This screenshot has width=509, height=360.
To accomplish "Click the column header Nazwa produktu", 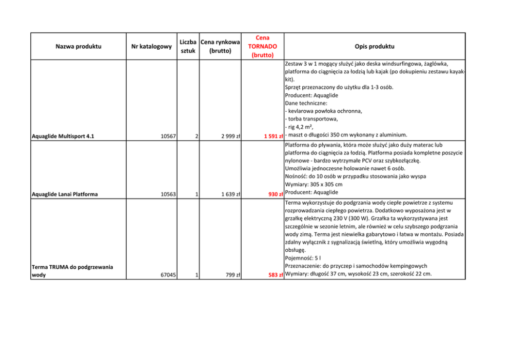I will pyautogui.click(x=78, y=47).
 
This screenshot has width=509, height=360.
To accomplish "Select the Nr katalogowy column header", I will pyautogui.click(x=151, y=47).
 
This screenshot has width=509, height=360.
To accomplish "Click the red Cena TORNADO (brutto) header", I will pyautogui.click(x=262, y=46).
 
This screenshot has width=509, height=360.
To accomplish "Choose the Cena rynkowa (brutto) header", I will pyautogui.click(x=221, y=46).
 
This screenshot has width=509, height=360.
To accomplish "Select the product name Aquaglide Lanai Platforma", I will pyautogui.click(x=65, y=194).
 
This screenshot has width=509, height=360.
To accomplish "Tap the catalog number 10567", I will pyautogui.click(x=168, y=136).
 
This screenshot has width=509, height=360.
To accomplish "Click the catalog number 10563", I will pyautogui.click(x=168, y=194).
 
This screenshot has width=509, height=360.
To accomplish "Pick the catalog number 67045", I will pyautogui.click(x=168, y=275).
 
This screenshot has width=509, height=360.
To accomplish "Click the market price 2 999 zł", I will pyautogui.click(x=231, y=136).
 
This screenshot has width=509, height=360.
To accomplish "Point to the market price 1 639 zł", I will pyautogui.click(x=231, y=194).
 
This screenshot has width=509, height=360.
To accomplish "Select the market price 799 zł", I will pyautogui.click(x=233, y=275).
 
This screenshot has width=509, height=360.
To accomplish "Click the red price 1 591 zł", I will pyautogui.click(x=270, y=136).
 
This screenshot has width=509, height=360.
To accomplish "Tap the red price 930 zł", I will pyautogui.click(x=273, y=194).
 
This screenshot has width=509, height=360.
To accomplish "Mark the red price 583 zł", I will pyautogui.click(x=273, y=275).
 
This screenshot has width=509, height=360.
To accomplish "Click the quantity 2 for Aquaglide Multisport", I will pyautogui.click(x=197, y=136).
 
